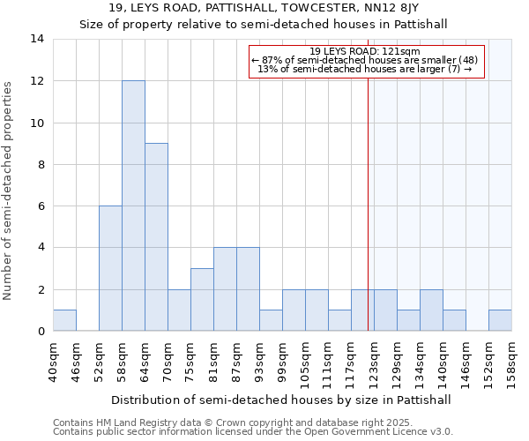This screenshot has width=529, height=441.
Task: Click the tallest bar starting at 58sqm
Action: click(x=133, y=206)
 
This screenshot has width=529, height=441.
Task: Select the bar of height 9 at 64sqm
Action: click(x=156, y=237)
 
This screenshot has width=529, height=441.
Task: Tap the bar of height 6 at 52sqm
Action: click(x=110, y=268)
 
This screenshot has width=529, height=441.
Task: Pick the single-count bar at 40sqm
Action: click(x=64, y=320)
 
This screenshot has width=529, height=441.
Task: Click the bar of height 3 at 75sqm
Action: click(x=202, y=300)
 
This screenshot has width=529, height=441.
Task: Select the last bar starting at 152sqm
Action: click(x=500, y=320)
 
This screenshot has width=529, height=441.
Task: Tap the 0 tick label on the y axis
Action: click(x=41, y=332)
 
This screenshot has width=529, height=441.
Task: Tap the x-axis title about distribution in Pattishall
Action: click(x=282, y=400)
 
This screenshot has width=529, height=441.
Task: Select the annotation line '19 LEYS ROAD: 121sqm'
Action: click(x=365, y=51)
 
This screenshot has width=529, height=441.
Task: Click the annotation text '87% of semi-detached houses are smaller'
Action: click(x=367, y=60)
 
